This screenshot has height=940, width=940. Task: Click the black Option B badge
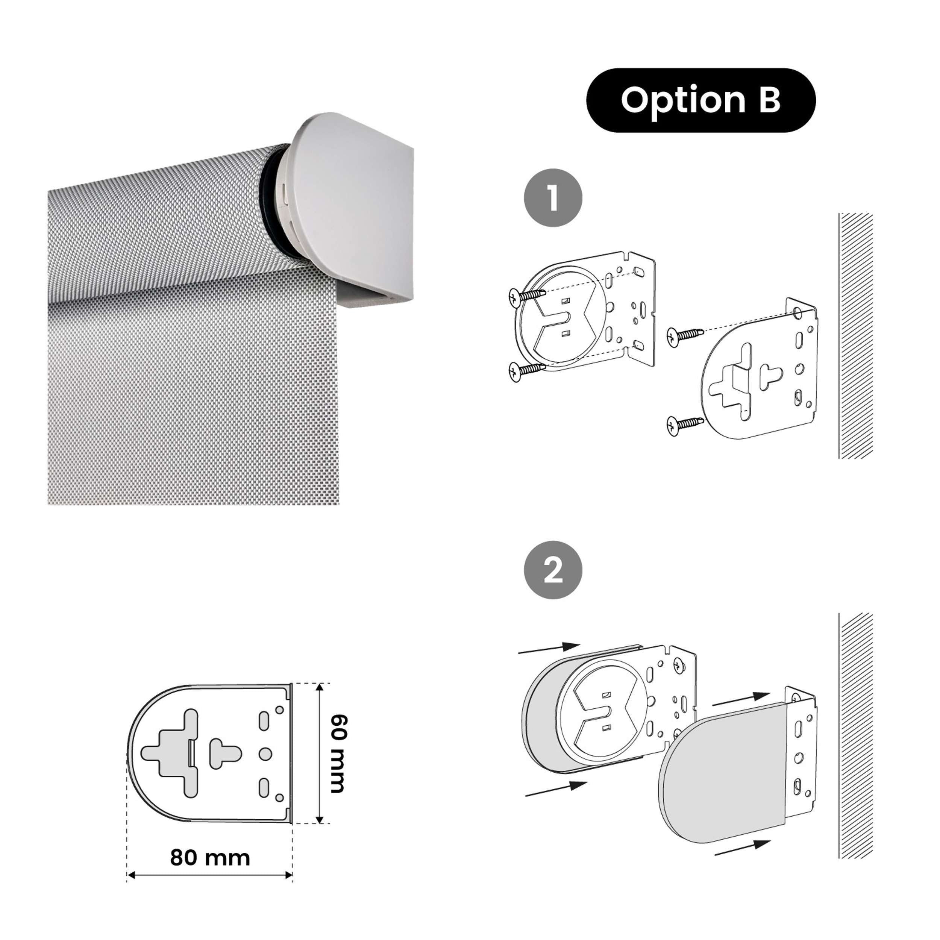pos(700,100)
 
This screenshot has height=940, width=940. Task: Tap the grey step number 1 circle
pos(553,197)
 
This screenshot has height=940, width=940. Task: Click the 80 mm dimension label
pos(210,858)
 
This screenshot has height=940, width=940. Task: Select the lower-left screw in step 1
pos(526,371)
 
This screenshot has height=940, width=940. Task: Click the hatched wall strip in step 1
pos(856,336)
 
